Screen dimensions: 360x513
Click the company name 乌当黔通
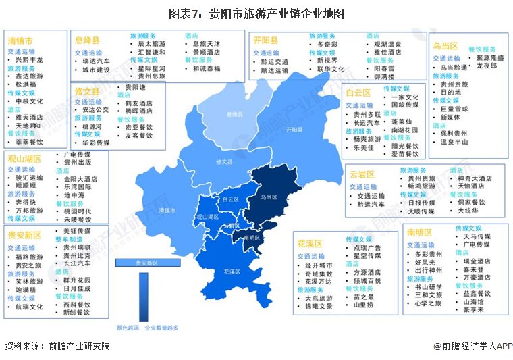[x=454, y=68]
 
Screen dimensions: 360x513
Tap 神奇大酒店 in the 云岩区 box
[x=475, y=178]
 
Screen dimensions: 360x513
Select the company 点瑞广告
[x=368, y=248]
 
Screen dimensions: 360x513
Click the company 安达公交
[x=97, y=109]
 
